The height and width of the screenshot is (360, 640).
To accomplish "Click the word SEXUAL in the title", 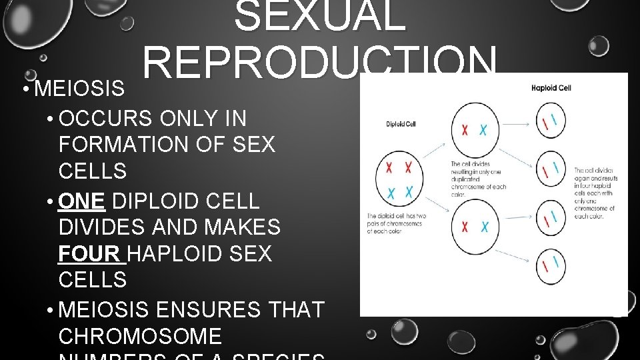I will [320, 17].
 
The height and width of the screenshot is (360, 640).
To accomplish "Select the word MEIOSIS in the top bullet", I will [79, 88].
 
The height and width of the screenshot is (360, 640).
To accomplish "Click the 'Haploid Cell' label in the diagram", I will [551, 87].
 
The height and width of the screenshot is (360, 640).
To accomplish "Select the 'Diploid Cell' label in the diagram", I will [401, 124].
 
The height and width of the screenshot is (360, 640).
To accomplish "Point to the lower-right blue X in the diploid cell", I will [409, 192].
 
